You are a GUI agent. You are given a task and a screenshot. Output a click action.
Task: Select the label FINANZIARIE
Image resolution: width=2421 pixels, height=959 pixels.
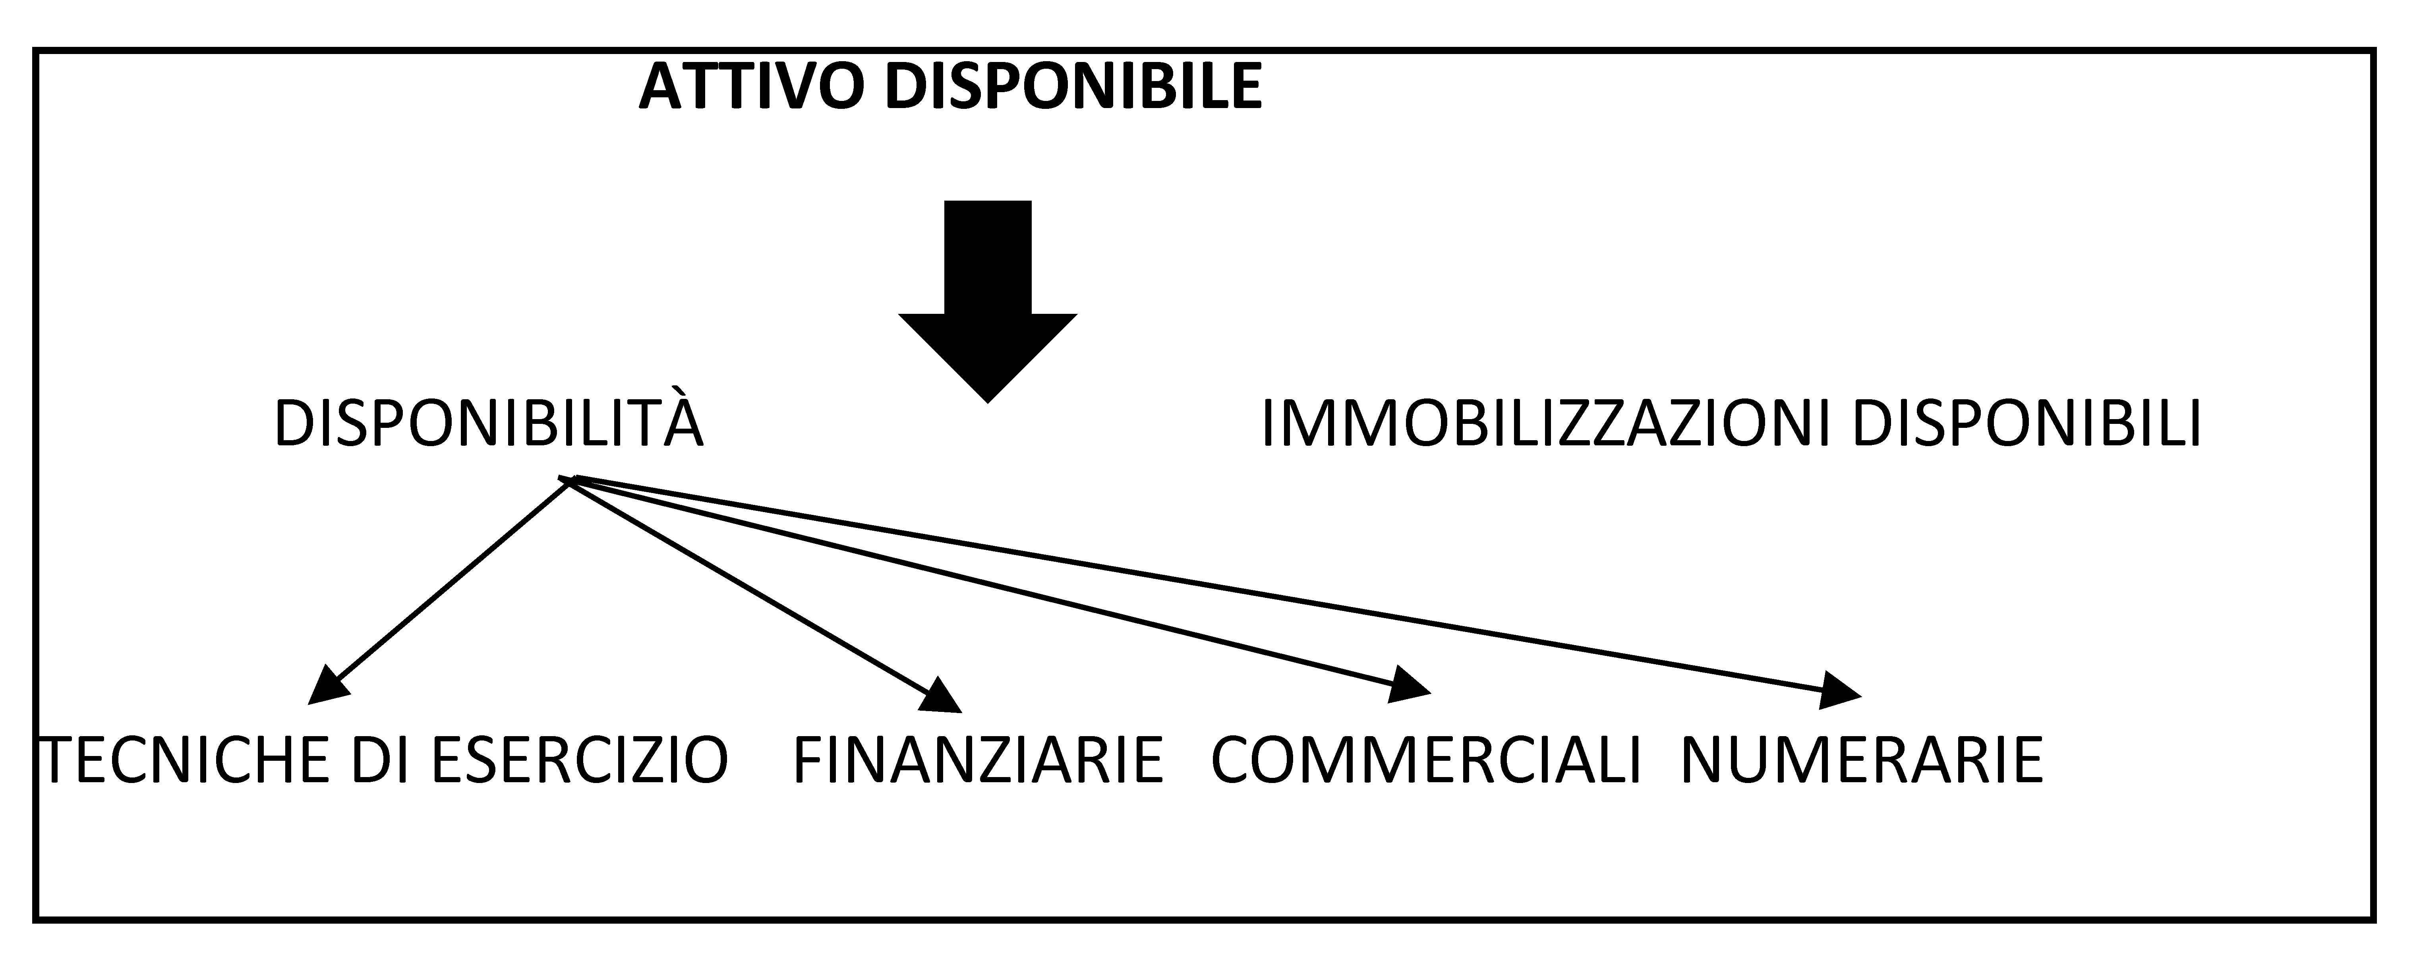[978, 760]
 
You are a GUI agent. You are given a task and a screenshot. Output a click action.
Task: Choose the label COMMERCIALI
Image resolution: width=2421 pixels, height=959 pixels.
[1426, 760]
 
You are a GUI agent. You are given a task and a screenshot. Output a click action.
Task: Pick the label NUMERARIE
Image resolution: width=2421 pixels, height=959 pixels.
[1862, 760]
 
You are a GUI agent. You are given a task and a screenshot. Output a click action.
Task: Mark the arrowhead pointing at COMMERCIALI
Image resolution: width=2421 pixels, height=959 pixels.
[1410, 686]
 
